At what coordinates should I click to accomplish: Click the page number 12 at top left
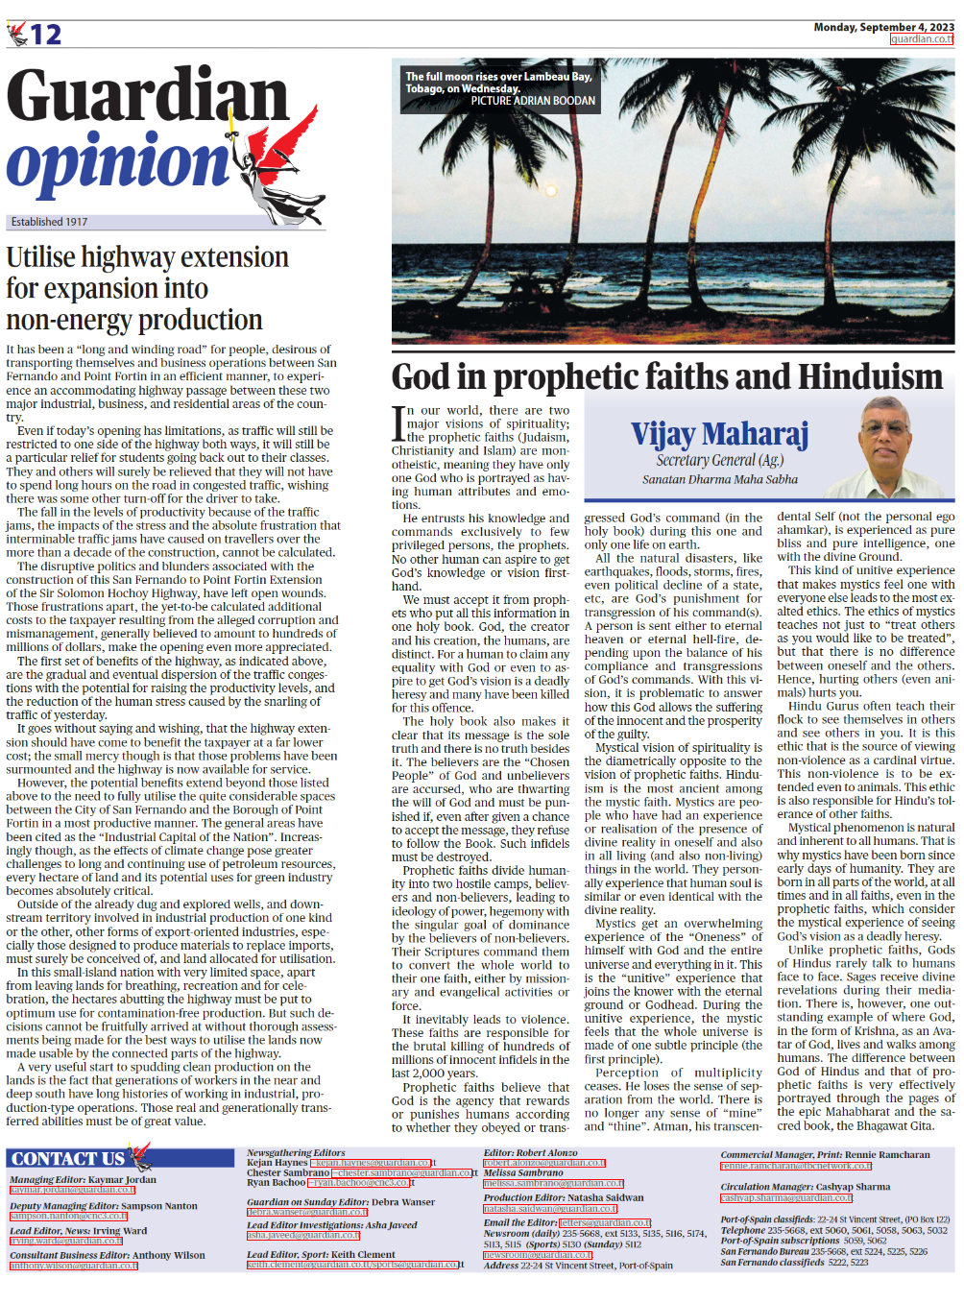click(x=44, y=36)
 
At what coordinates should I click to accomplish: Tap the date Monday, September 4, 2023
click(x=883, y=27)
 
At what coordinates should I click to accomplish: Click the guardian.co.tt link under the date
click(x=922, y=39)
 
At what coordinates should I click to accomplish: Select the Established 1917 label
click(x=49, y=222)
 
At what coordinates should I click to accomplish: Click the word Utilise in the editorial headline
click(x=40, y=257)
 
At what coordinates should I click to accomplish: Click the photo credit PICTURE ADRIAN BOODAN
click(x=533, y=101)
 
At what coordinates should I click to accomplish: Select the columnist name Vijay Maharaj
click(x=719, y=434)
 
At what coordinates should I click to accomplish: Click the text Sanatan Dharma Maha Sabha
click(x=720, y=479)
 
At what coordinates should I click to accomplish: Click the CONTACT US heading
click(x=67, y=1159)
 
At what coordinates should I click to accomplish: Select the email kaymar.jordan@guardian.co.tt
click(x=72, y=1191)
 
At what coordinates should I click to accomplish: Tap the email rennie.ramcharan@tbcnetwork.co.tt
click(x=796, y=1167)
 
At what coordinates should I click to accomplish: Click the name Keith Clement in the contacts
click(x=363, y=1254)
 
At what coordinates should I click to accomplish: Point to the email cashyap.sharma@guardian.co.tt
click(x=786, y=1198)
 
